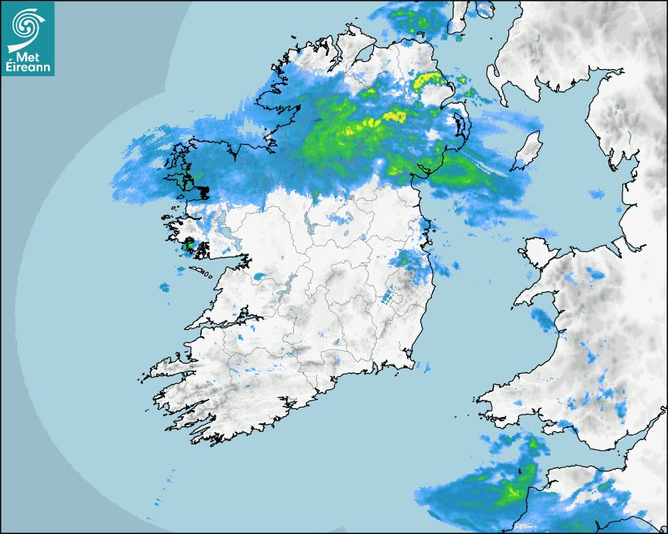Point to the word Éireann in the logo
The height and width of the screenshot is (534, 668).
coord(29,69)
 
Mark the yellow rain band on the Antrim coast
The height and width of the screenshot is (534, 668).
coord(429,79)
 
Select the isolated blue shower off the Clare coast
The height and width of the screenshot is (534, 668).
coord(164,287)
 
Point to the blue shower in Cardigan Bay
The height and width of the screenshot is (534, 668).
coord(542,318)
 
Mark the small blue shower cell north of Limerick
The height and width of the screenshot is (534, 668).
coord(259,276)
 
